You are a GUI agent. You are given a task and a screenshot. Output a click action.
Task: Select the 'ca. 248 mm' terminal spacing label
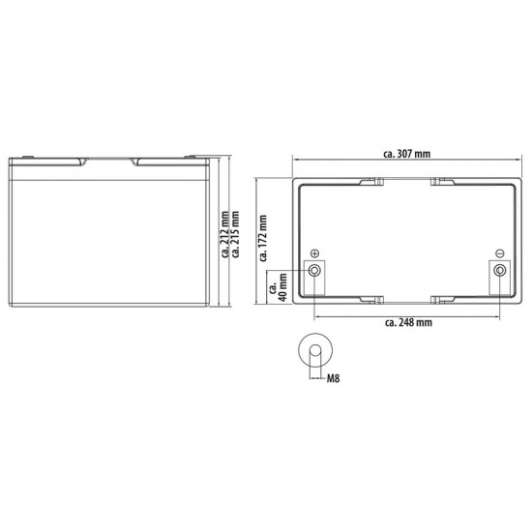tap(407, 322)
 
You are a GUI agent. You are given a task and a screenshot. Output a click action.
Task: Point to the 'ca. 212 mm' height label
tap(224, 235)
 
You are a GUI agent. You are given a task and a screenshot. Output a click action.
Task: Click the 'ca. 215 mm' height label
tap(237, 235)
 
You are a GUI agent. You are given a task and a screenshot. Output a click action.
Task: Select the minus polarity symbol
tap(499, 252)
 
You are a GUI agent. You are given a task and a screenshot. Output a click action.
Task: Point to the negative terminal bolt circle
tap(499, 270)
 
